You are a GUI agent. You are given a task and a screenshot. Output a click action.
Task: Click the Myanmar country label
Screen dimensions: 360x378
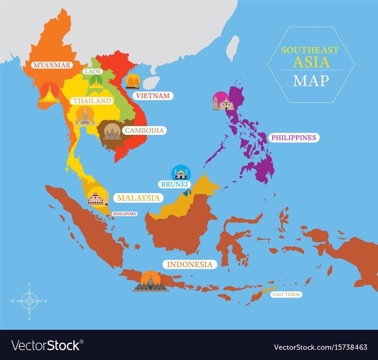[52, 65]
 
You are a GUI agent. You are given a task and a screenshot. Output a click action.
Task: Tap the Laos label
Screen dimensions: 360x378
[93, 71]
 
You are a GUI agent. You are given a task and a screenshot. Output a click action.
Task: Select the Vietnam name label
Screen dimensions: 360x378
[153, 96]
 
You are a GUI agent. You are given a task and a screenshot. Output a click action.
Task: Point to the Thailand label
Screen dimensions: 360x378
[92, 101]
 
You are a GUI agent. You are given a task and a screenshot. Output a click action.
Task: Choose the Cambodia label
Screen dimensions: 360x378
[144, 130]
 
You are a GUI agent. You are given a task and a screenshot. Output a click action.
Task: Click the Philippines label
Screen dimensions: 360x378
[293, 138]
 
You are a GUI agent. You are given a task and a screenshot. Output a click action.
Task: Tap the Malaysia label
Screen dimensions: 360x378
[138, 198]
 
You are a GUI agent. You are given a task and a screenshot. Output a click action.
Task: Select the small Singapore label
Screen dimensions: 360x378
[124, 214]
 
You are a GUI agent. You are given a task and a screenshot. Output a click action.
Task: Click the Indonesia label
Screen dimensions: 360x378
[190, 264]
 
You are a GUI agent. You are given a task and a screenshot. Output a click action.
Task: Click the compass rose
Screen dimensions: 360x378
[29, 301]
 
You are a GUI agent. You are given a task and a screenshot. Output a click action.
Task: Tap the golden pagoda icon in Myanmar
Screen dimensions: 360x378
[49, 94]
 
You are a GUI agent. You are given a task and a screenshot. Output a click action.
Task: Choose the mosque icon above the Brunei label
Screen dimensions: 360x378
[181, 174]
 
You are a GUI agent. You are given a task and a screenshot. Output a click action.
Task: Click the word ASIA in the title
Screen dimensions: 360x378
[311, 62]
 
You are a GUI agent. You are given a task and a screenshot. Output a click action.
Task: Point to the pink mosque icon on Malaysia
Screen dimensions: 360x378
[98, 198]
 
